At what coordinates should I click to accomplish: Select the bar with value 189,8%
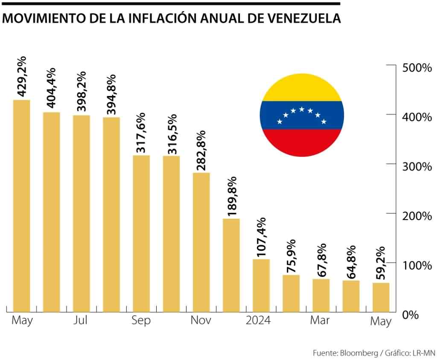tap(231, 265)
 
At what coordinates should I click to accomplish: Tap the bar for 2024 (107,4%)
tap(261, 285)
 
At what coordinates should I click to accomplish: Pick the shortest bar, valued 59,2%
tap(381, 297)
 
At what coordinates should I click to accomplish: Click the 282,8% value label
tap(201, 151)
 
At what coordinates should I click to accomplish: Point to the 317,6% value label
tap(141, 133)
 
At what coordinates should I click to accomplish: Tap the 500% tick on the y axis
tap(417, 67)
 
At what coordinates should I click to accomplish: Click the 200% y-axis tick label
tap(417, 216)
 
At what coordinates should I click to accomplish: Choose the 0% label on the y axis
tap(412, 315)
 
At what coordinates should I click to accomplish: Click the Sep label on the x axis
tap(141, 321)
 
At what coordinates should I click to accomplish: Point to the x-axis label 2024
tap(258, 320)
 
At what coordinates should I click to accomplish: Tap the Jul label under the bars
tap(80, 320)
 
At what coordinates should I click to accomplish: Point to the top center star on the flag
tap(302, 109)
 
